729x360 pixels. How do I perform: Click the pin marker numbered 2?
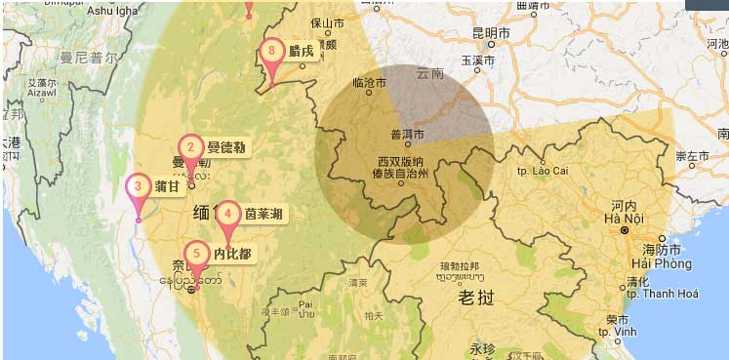(x=190, y=149)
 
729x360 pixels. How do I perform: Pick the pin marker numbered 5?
(x=196, y=255)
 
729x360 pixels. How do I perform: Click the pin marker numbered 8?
(x=273, y=52)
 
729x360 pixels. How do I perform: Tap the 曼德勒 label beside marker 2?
(x=226, y=148)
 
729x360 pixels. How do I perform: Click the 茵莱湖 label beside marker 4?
(x=264, y=214)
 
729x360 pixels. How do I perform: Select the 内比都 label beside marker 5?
(x=232, y=255)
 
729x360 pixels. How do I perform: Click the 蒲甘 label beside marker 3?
(x=167, y=186)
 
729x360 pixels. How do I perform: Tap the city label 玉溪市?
(x=479, y=60)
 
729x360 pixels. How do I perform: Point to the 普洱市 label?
(x=407, y=135)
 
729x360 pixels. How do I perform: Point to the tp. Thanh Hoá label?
(x=662, y=294)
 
